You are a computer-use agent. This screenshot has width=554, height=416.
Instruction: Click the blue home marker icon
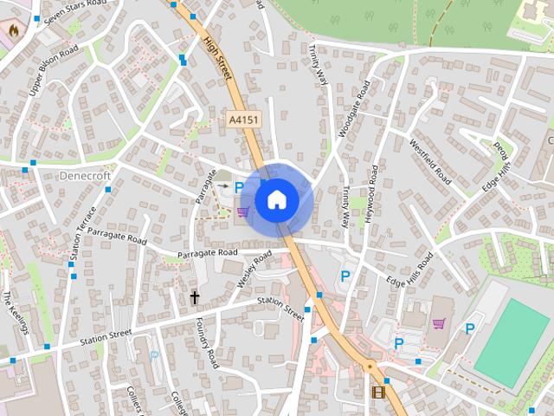tap(277, 199)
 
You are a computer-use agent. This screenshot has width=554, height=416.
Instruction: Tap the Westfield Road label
tap(430, 162)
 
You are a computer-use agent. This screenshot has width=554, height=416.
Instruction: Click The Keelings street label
tap(16, 313)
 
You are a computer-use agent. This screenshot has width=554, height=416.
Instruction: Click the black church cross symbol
tap(195, 298)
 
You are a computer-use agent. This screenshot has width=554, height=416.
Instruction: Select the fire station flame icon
tap(14, 28)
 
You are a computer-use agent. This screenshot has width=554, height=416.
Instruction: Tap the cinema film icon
tap(377, 392)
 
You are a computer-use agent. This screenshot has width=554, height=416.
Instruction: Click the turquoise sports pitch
tap(512, 343)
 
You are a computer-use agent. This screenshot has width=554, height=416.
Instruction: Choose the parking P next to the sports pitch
tap(470, 328)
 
